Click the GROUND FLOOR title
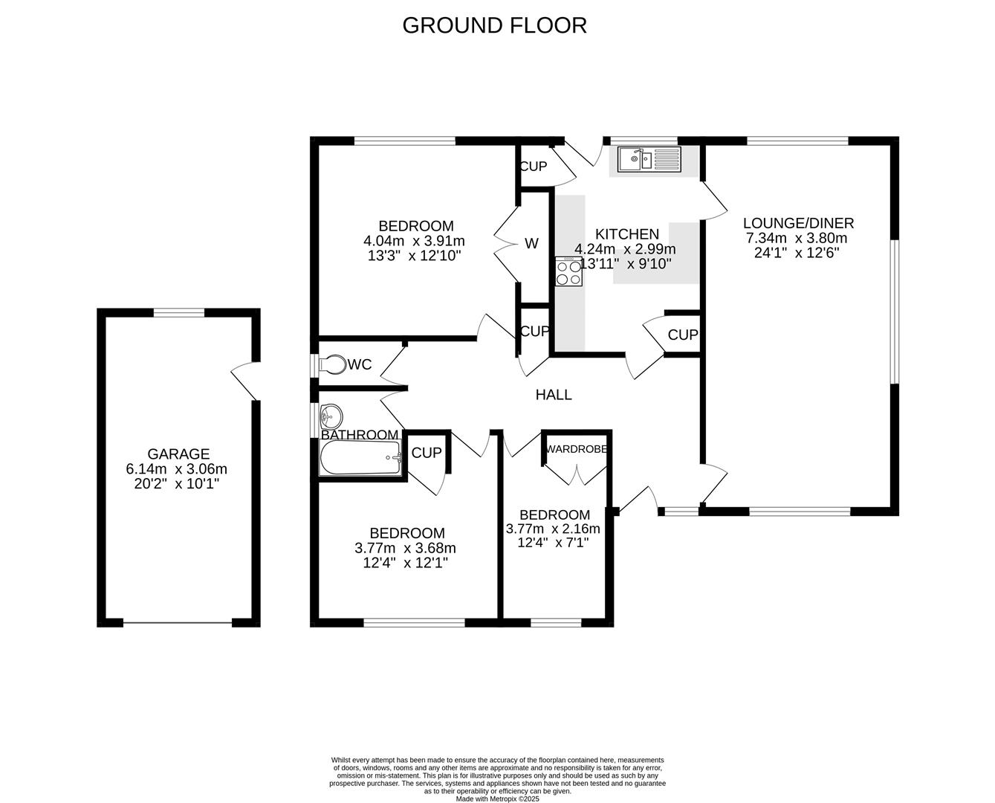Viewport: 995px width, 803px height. pos(494,25)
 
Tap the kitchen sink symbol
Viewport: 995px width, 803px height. pos(645,158)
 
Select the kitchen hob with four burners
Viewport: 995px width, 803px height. pos(569,272)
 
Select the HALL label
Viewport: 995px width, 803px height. pos(554,395)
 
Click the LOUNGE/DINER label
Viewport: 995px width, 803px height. pos(798,223)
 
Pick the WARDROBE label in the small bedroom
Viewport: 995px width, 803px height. pos(577,449)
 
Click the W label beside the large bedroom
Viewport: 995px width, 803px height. pos(531,244)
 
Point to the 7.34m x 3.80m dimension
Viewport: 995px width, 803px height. pos(797,239)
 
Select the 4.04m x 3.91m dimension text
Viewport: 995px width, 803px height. pos(414,241)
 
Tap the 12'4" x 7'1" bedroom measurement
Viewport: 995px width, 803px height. pos(553,543)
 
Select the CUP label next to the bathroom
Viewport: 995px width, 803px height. pos(427,453)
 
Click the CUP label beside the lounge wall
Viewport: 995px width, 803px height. pos(682,335)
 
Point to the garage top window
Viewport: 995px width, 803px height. pos(178,313)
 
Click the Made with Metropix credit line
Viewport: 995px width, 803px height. pos(497,799)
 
